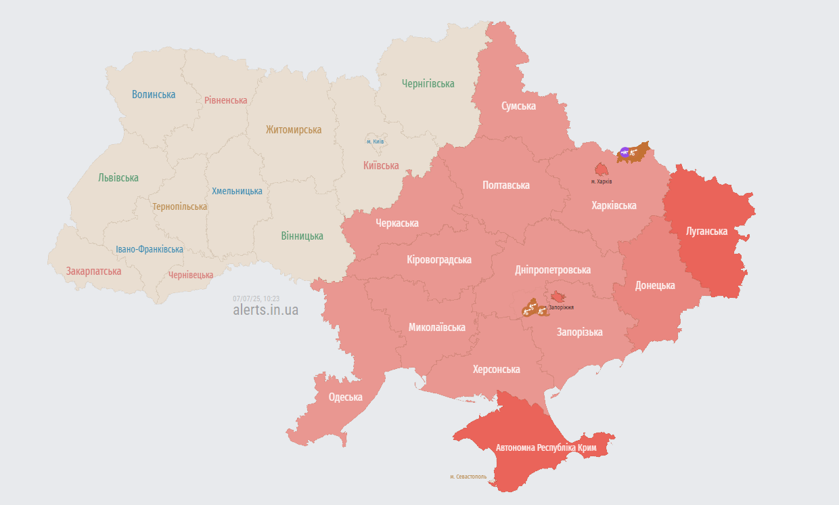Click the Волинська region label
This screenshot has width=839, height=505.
click(x=154, y=95)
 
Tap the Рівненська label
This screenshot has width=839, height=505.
click(x=226, y=100)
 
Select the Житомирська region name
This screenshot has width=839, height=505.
click(x=294, y=130)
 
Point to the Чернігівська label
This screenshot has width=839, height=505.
click(x=428, y=84)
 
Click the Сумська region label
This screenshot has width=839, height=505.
click(x=519, y=106)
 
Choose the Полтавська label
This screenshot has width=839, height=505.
click(x=506, y=185)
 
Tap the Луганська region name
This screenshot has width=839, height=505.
click(x=706, y=232)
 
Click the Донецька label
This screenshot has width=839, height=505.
click(x=655, y=286)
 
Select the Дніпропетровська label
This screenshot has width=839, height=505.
click(x=553, y=270)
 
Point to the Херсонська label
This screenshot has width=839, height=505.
click(x=497, y=370)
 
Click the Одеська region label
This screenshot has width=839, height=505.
click(x=345, y=397)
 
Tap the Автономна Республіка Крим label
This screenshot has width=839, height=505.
click(x=545, y=448)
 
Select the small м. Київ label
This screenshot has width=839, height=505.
click(x=375, y=141)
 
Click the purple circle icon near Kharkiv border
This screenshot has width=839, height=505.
click(x=625, y=152)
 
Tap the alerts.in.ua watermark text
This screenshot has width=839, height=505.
click(x=265, y=310)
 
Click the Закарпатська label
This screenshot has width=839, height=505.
click(x=94, y=271)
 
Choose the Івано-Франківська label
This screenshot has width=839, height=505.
click(x=150, y=250)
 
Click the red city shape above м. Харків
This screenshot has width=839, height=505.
click(x=600, y=169)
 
